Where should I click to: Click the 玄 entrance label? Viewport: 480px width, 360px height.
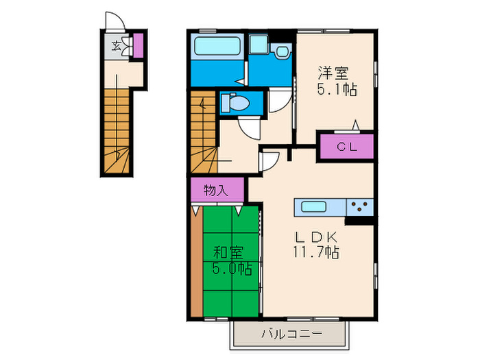117,47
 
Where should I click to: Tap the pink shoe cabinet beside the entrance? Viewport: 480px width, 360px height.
138,45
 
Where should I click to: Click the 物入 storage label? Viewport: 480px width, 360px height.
215,190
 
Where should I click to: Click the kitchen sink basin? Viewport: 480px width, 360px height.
313,206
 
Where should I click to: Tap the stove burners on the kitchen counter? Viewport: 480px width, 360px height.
359,206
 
